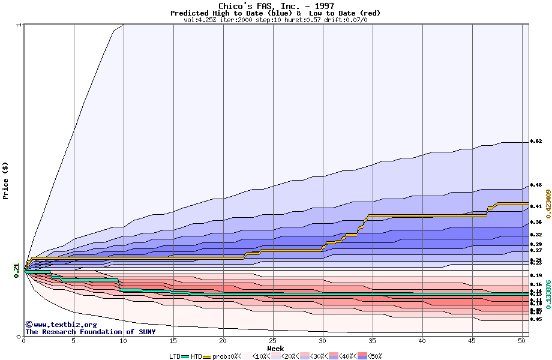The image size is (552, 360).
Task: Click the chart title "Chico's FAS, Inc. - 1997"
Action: coord(275,6)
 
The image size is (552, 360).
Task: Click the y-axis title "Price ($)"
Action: coord(6,181)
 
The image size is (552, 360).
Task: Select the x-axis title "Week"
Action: coord(275,348)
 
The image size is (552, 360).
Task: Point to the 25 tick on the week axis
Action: coord(273,340)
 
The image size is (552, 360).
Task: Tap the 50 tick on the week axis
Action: coord(522,340)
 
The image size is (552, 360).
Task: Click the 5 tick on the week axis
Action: coord(74,340)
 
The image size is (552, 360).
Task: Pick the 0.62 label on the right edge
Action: coord(536,142)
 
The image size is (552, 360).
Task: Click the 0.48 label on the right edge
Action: coord(536,185)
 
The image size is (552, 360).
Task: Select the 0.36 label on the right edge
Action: coord(536,222)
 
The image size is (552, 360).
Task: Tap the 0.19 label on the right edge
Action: coord(536,275)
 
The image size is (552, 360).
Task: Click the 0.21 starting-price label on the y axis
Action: coord(17,271)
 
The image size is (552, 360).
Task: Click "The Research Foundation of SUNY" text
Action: coord(90,332)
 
